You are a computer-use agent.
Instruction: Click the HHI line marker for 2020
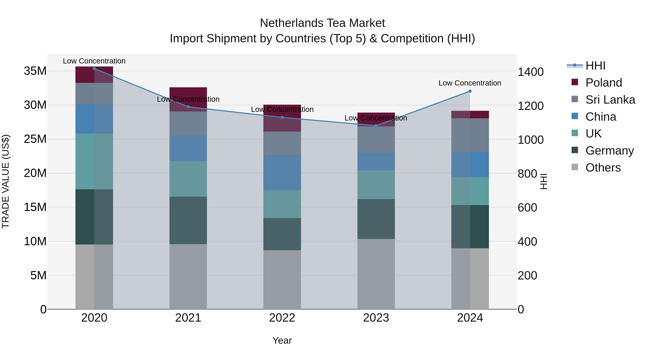point(94,69)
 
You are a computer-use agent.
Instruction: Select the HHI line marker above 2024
point(470,91)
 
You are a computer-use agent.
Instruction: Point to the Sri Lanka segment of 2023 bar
point(376,139)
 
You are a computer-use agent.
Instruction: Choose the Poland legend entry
point(603,83)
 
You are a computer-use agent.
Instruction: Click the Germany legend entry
point(610,151)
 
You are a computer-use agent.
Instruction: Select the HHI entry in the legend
point(595,66)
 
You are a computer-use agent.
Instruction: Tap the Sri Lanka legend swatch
point(575,99)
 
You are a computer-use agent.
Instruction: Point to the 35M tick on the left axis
point(35,71)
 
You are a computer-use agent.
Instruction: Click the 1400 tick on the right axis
point(531,72)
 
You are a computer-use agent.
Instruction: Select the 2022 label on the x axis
point(282,318)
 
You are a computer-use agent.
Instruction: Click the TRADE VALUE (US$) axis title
point(6,181)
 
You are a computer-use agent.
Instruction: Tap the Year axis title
point(282,340)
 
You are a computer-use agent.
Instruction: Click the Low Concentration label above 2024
point(470,83)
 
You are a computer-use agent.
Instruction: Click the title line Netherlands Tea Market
point(322,23)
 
